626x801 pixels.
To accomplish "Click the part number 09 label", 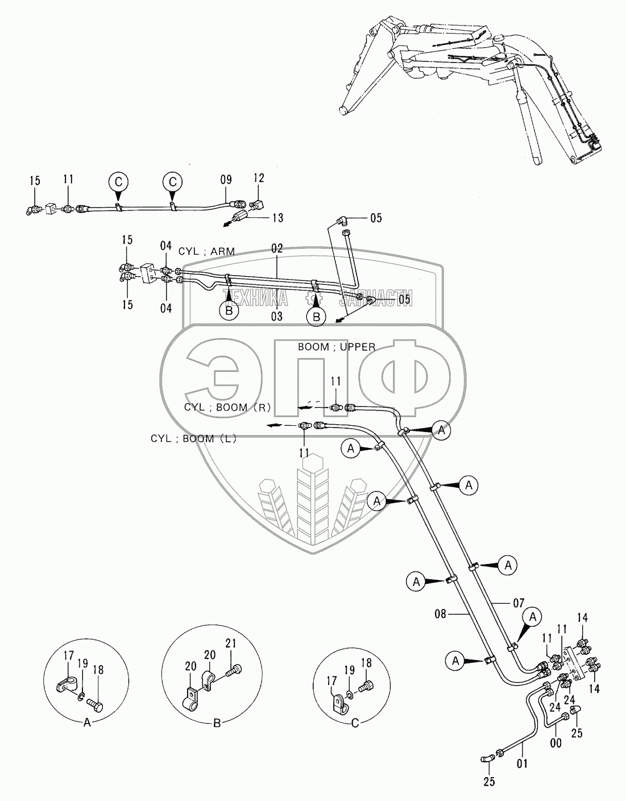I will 226,180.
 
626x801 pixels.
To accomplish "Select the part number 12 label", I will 259,178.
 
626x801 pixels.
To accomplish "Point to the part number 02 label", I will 277,248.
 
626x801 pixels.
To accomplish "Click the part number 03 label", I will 277,317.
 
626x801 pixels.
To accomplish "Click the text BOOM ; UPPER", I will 337,347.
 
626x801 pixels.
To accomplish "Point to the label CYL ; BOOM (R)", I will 228,407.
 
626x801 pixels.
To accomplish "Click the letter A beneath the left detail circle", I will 87,724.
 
